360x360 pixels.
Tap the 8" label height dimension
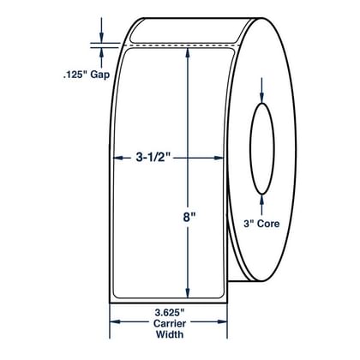[x=187, y=218]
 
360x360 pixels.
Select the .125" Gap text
[x=87, y=75]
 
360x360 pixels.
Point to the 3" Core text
[x=261, y=223]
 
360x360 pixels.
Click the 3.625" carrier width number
[x=170, y=313]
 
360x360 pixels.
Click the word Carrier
[x=170, y=323]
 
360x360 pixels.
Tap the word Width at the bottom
[x=170, y=333]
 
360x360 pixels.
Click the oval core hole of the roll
[x=250, y=148]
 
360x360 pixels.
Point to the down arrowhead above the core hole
[x=262, y=98]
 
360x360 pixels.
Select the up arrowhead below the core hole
[x=262, y=199]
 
